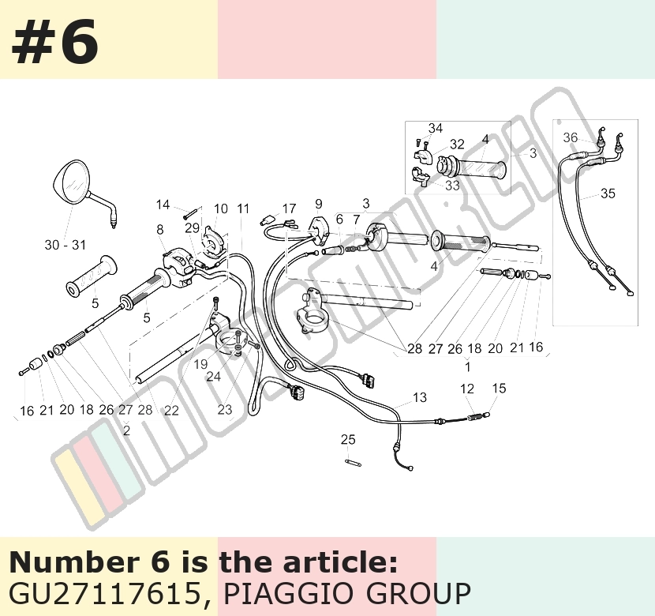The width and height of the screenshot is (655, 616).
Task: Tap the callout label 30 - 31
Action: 65,245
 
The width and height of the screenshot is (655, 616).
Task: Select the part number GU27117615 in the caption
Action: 104,593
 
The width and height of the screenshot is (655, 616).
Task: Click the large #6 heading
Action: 55,42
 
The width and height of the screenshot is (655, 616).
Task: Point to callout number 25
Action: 348,440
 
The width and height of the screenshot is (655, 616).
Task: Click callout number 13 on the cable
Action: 420,397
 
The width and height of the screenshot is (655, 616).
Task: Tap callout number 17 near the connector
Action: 289,208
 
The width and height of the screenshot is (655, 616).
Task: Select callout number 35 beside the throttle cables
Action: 608,193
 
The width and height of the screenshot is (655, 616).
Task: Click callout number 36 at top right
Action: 571,137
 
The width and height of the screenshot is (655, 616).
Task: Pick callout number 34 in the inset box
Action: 436,128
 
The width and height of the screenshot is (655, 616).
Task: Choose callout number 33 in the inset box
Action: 452,185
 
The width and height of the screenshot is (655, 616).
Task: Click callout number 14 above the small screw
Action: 163,205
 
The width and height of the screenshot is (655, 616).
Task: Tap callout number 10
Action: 221,208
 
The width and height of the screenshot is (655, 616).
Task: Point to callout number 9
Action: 319,204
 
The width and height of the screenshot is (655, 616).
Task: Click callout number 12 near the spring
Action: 467,389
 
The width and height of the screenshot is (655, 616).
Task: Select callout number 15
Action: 500,389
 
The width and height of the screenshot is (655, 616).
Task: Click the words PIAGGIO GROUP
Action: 347,593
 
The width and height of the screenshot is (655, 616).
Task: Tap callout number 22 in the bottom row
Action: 171,411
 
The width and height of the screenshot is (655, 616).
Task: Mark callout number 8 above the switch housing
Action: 160,230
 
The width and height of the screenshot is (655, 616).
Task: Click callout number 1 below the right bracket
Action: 468,367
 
